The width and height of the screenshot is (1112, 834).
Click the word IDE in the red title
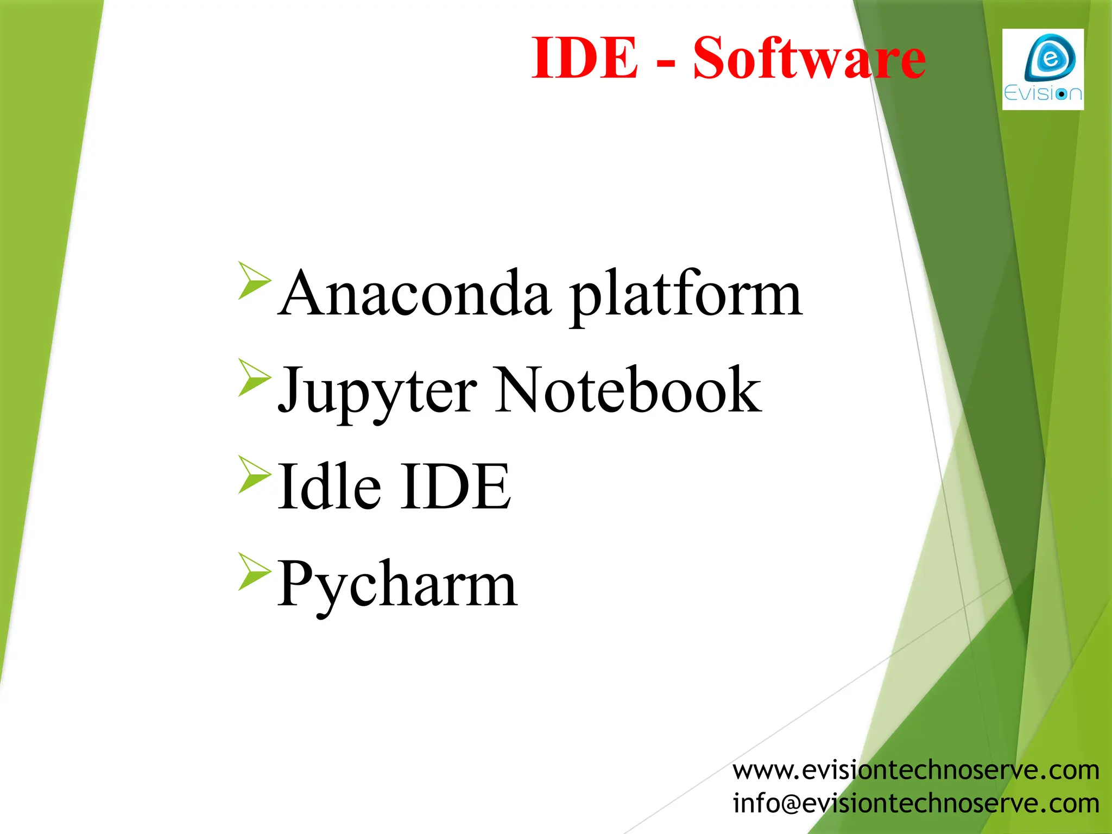coord(584,58)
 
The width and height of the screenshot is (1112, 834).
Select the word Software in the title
coord(809,58)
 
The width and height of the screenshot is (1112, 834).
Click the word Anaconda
coord(415,294)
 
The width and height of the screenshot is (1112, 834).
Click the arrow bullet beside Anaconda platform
coord(254,280)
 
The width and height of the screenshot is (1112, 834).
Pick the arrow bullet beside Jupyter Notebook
coord(254,377)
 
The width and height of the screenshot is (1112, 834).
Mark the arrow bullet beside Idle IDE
coord(254,474)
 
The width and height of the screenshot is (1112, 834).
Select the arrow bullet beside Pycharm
coord(254,571)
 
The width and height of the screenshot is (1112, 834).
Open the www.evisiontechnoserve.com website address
coord(916,770)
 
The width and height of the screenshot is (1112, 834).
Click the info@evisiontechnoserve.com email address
coord(916,803)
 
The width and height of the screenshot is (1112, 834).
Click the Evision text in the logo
coord(1042,93)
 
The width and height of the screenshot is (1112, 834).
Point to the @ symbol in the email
coord(790,804)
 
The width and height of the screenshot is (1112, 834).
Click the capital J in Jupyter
coord(290,389)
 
